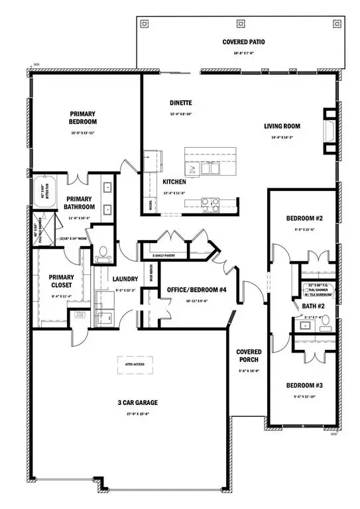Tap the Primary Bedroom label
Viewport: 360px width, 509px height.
click(83, 117)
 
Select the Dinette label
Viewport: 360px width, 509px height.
click(180, 103)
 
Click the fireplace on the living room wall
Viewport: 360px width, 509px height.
click(328, 126)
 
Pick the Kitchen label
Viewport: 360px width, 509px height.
click(174, 182)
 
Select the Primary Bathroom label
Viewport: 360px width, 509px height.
click(79, 203)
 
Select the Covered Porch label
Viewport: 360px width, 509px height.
click(249, 356)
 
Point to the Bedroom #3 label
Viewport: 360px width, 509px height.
click(305, 385)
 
